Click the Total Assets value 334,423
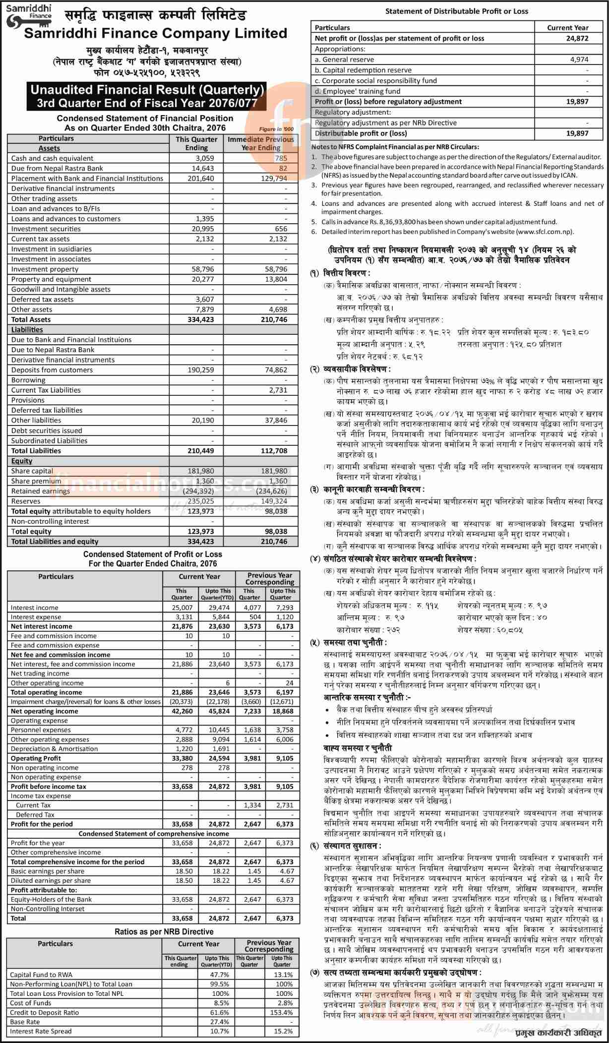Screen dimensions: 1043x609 201,319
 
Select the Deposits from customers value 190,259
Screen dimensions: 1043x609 201,370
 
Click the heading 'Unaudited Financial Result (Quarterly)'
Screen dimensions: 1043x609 146,90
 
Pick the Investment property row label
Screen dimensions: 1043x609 45,269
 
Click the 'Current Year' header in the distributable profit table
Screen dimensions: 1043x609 567,28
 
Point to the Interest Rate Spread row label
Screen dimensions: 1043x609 41,1031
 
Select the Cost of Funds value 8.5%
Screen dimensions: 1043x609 220,1003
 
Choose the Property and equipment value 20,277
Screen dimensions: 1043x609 201,279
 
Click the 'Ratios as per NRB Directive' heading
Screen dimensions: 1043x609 164,932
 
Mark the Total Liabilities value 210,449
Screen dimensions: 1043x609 201,451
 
